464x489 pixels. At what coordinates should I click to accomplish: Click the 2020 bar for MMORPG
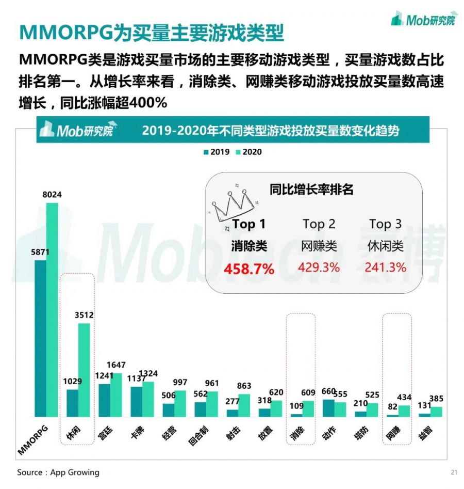(52, 310)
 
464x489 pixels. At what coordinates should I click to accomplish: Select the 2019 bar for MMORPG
(40, 338)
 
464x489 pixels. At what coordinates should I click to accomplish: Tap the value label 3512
(84, 314)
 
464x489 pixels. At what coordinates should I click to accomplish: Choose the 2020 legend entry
(248, 152)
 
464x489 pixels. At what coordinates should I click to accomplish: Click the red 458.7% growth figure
(248, 269)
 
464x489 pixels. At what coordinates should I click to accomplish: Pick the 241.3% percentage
(385, 267)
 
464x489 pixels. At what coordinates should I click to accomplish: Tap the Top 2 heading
(319, 224)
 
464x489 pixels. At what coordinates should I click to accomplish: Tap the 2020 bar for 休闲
(84, 370)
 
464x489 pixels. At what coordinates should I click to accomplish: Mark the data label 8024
(52, 195)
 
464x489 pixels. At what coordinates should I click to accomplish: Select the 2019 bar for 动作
(327, 408)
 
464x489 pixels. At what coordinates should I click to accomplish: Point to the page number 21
(454, 472)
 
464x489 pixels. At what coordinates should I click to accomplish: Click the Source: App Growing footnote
(58, 472)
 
